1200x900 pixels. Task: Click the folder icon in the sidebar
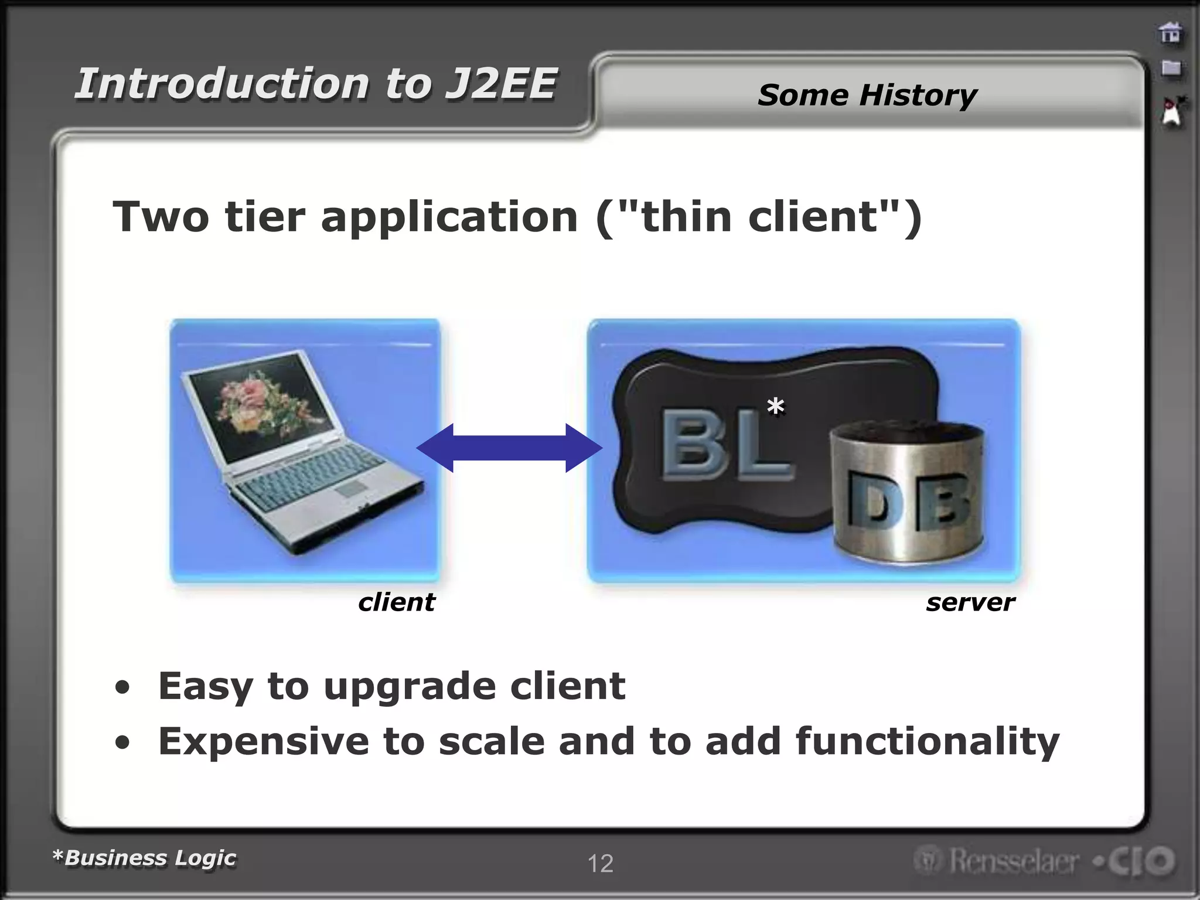point(1171,68)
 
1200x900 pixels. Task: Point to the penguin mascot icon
point(1172,111)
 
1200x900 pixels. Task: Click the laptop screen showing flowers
point(258,408)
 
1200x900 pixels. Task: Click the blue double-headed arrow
point(509,448)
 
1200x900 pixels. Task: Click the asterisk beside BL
point(775,406)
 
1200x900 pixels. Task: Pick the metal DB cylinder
point(907,492)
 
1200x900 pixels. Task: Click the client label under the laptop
point(397,602)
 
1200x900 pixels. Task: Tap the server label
point(970,602)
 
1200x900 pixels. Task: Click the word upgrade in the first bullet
point(408,687)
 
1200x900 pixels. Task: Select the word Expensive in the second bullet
point(264,741)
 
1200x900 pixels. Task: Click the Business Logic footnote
point(144,858)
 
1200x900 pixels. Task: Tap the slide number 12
point(600,864)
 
